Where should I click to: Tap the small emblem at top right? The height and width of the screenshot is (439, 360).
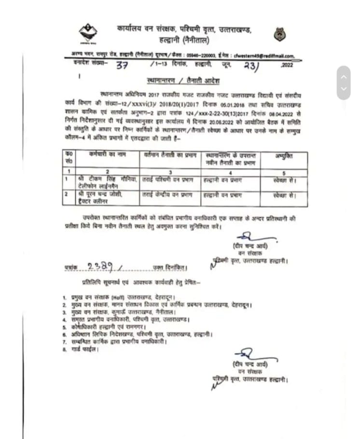tap(278, 35)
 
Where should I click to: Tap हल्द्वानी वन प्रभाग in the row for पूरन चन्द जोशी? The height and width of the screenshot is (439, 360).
tap(228, 195)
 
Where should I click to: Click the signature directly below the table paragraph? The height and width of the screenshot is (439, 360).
tap(247, 238)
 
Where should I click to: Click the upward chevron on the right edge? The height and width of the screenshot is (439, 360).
tap(344, 76)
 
